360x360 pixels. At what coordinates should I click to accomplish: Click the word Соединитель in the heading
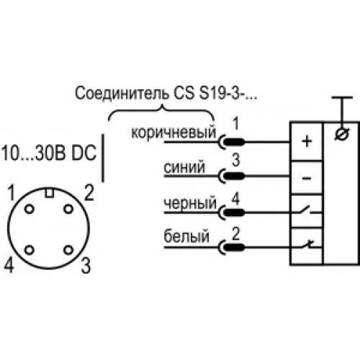(122, 93)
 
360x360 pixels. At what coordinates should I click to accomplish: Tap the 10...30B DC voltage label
(49, 153)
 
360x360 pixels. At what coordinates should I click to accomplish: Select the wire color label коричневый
(174, 132)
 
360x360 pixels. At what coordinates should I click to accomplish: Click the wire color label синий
(184, 166)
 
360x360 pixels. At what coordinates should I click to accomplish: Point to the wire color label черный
(190, 203)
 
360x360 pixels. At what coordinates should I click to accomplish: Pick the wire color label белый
(186, 236)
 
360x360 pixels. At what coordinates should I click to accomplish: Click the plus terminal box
(307, 141)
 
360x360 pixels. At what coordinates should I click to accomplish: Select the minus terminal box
(307, 178)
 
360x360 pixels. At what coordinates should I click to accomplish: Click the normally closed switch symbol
(307, 246)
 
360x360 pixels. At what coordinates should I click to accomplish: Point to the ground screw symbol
(342, 134)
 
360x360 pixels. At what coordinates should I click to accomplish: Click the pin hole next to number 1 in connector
(30, 210)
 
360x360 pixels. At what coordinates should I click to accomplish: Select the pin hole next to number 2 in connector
(68, 209)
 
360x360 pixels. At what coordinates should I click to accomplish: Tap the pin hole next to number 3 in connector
(68, 250)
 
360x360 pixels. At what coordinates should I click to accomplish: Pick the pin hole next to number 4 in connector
(30, 250)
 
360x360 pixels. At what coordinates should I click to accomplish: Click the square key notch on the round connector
(50, 193)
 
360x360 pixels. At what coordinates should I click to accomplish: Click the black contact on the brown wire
(235, 142)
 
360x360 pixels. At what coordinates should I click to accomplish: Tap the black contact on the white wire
(235, 247)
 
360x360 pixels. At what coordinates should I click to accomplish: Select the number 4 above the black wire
(236, 199)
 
